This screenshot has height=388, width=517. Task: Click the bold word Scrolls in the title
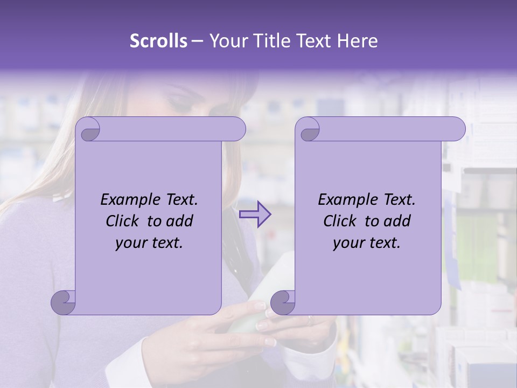(x=159, y=41)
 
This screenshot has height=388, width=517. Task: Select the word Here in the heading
(x=358, y=41)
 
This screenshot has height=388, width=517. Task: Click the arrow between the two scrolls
(x=255, y=214)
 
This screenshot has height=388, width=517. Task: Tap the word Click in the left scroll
(x=123, y=221)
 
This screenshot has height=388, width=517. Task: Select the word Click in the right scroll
(x=340, y=221)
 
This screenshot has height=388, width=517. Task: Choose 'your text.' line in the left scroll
(x=149, y=243)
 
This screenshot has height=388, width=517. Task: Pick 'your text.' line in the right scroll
(x=367, y=243)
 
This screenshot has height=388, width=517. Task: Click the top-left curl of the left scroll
(x=88, y=130)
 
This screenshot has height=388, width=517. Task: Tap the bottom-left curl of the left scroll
(x=63, y=302)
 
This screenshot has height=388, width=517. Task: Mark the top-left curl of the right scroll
(x=309, y=130)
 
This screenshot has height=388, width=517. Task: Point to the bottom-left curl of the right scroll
(x=282, y=302)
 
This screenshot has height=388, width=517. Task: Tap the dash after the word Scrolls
(x=197, y=41)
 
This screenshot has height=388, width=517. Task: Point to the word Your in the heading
(x=227, y=41)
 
